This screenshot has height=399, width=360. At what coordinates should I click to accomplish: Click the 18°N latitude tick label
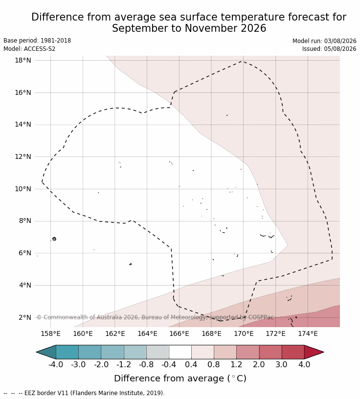click(23, 60)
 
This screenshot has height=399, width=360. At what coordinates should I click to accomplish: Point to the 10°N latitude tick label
click(23, 189)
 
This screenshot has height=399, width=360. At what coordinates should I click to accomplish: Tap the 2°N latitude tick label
click(25, 317)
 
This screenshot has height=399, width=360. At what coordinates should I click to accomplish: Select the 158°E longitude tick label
click(51, 333)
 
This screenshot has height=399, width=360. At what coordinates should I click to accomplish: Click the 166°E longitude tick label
click(179, 333)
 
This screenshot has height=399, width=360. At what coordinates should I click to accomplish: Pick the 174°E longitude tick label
click(308, 333)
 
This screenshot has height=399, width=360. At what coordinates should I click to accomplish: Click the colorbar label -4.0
click(56, 364)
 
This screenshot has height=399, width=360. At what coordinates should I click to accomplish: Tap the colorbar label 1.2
click(236, 364)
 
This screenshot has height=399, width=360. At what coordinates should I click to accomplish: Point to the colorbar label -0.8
click(146, 364)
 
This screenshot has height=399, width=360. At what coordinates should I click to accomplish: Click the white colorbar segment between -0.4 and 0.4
click(180, 352)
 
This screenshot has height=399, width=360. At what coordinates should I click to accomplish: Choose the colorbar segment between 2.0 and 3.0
click(270, 352)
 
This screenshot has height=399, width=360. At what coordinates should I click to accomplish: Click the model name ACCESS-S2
click(40, 49)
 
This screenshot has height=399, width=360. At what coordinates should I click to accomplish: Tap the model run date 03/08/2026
click(340, 41)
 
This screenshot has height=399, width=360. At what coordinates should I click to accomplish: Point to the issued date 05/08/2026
click(340, 49)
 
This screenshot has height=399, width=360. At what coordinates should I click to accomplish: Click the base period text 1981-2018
click(56, 41)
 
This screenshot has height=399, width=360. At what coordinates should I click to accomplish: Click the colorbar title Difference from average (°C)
click(180, 378)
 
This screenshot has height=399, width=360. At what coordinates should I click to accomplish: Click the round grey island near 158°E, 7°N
click(54, 239)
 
